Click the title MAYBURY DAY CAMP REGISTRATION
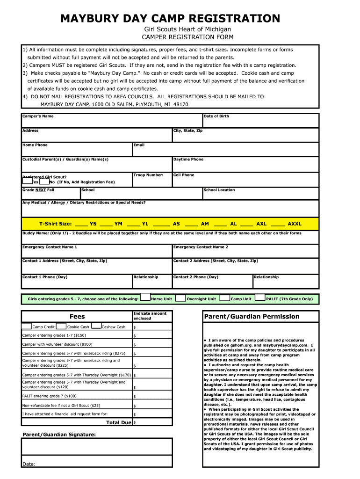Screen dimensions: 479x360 click(x=170, y=19)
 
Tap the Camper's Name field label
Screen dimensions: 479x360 click(x=38, y=116)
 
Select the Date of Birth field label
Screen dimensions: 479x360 click(x=216, y=116)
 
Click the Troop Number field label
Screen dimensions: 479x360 click(x=148, y=175)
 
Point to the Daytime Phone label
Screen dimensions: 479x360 click(x=188, y=159)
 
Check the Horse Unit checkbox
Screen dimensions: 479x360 click(x=145, y=297)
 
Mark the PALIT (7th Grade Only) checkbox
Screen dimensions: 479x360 click(x=260, y=297)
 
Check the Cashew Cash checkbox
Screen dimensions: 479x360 click(x=96, y=326)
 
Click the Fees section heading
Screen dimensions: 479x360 click(x=77, y=317)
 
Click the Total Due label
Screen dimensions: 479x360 click(x=119, y=422)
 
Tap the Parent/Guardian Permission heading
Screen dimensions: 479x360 click(x=251, y=317)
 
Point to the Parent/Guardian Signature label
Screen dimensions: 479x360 click(x=59, y=435)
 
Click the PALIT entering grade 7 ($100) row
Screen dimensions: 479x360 click(x=50, y=396)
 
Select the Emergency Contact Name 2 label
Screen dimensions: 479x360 click(x=201, y=247)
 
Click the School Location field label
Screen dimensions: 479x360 click(x=219, y=190)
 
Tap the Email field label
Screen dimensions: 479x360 click(x=139, y=145)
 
